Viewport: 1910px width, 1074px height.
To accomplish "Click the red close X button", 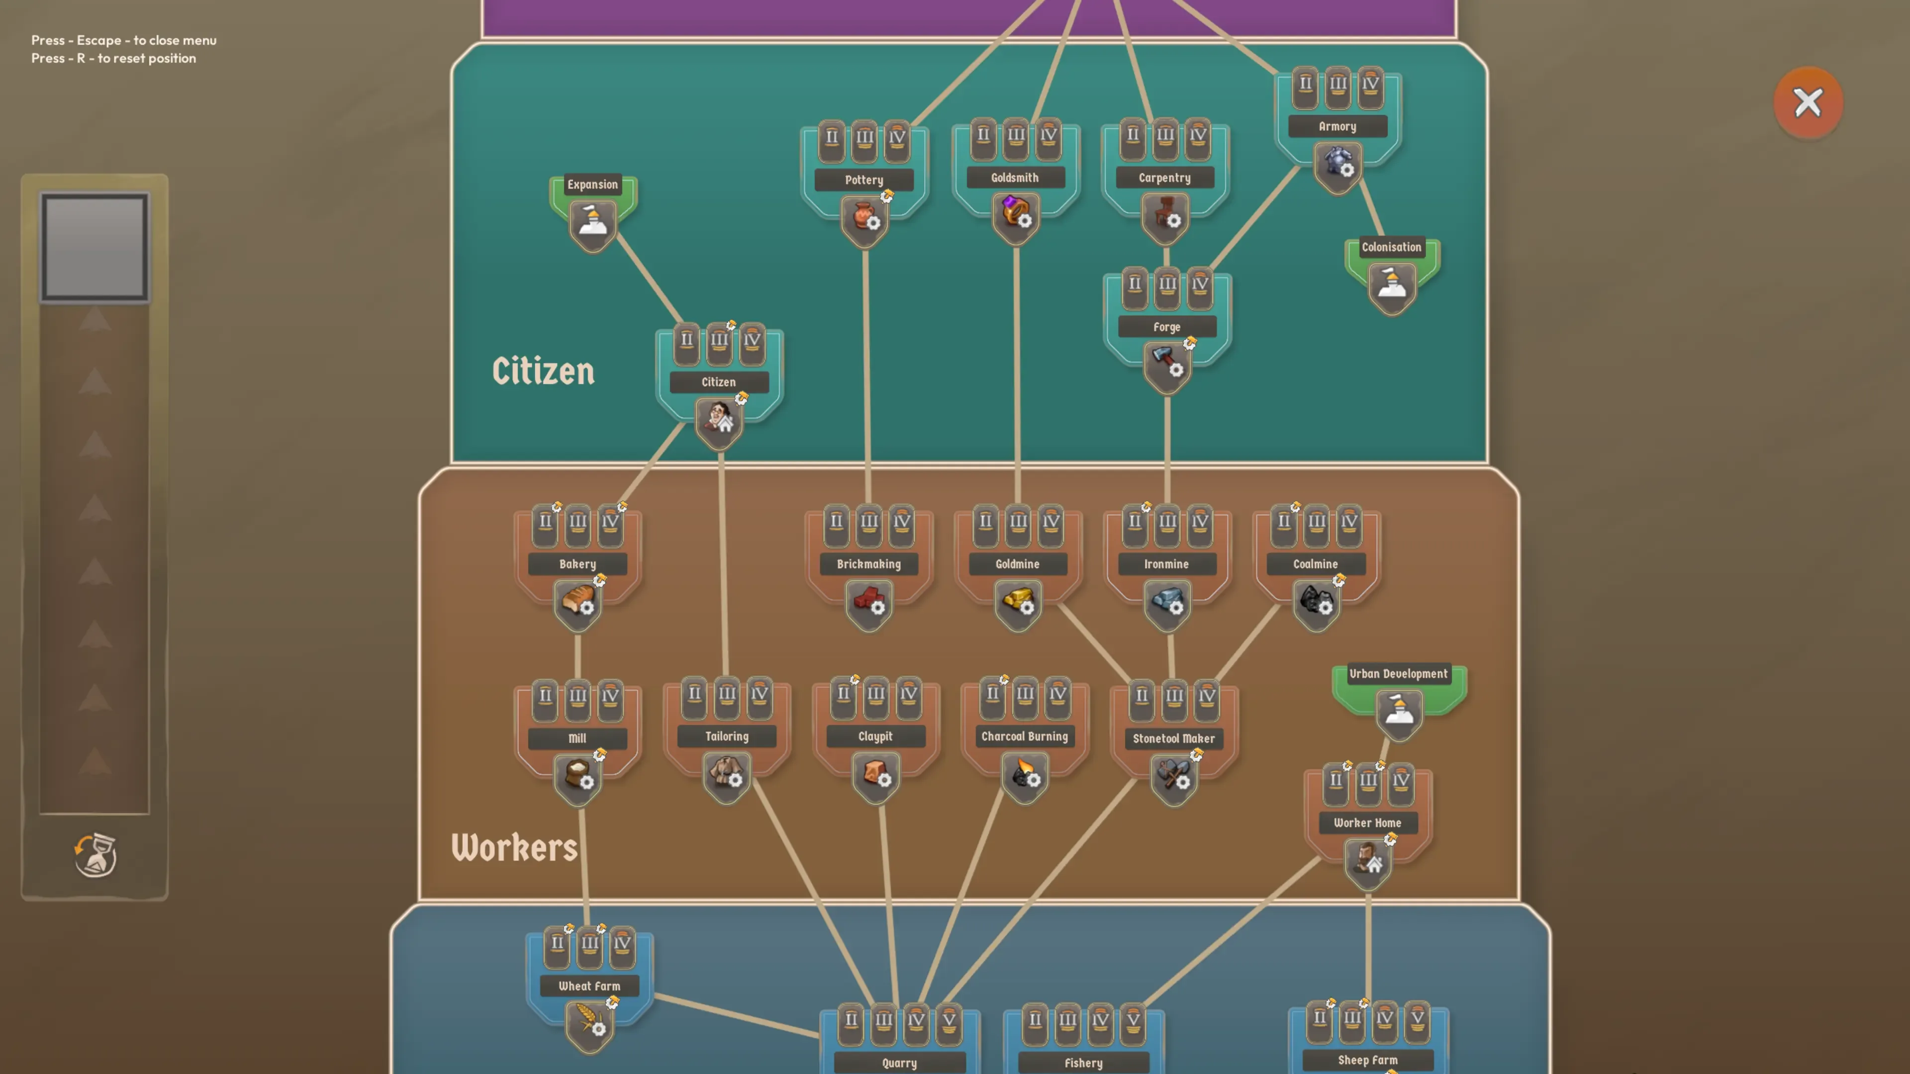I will tap(1808, 102).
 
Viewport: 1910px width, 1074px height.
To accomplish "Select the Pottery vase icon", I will tap(864, 217).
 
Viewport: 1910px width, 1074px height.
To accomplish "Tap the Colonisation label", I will tap(1391, 247).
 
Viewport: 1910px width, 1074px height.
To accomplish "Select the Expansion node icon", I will tap(592, 222).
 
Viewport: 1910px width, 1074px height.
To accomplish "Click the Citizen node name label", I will tap(718, 382).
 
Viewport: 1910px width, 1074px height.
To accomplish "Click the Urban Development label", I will tap(1398, 674).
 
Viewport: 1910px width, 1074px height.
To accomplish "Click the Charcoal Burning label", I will tap(1025, 736).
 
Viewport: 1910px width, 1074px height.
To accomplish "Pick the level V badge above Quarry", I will tap(949, 1021).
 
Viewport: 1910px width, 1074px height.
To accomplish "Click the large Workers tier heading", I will tap(514, 847).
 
